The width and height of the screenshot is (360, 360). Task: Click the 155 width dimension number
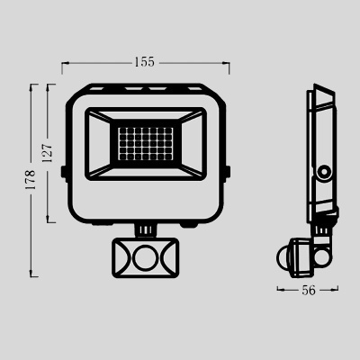145,62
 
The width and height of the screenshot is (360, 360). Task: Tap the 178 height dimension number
31,180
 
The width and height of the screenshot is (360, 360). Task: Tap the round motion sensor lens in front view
144,258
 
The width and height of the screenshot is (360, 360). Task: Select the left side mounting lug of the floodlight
63,171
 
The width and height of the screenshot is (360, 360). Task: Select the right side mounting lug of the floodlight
227,171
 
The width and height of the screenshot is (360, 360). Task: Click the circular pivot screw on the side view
322,171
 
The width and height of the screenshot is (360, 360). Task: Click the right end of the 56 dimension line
339,289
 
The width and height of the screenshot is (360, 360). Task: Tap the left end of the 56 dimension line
277,289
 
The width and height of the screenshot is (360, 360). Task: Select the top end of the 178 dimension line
34,85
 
